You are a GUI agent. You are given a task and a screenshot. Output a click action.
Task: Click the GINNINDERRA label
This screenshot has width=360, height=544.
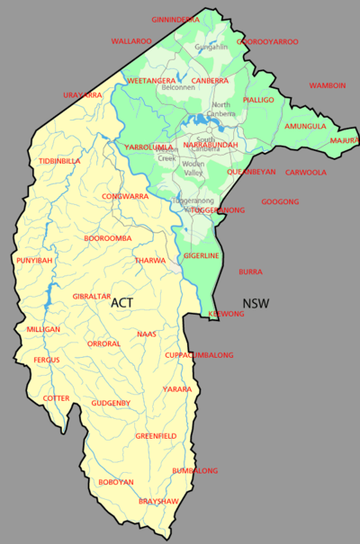[175, 19]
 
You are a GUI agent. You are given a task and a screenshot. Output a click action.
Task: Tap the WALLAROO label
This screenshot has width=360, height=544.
[130, 40]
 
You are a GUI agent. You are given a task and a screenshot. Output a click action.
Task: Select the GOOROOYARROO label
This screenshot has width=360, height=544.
[267, 41]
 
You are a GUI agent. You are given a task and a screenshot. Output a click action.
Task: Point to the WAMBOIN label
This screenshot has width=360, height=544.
[328, 85]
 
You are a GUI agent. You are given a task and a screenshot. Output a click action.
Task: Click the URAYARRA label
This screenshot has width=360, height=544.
[83, 94]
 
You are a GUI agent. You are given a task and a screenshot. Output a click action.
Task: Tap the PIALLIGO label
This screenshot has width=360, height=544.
[258, 101]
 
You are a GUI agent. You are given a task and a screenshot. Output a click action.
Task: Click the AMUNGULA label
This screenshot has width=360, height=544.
[305, 127]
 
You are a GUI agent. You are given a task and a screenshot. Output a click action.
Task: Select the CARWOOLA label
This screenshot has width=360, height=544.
[306, 172]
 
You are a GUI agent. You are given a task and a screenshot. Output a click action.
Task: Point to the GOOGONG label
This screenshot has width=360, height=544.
[280, 201]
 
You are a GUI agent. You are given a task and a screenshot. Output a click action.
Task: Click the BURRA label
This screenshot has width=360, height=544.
[250, 271]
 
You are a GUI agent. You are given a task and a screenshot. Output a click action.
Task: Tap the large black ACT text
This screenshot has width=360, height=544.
[122, 303]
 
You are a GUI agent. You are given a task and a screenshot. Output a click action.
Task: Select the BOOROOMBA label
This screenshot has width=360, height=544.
[108, 238]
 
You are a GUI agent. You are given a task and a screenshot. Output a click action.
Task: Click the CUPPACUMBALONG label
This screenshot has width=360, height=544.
[199, 355]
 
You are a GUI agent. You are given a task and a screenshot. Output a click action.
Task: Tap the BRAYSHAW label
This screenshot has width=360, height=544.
[157, 501]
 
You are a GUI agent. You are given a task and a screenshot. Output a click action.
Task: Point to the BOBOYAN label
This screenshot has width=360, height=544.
[116, 482]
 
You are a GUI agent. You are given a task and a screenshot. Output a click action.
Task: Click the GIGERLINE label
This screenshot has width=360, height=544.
[202, 256]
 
